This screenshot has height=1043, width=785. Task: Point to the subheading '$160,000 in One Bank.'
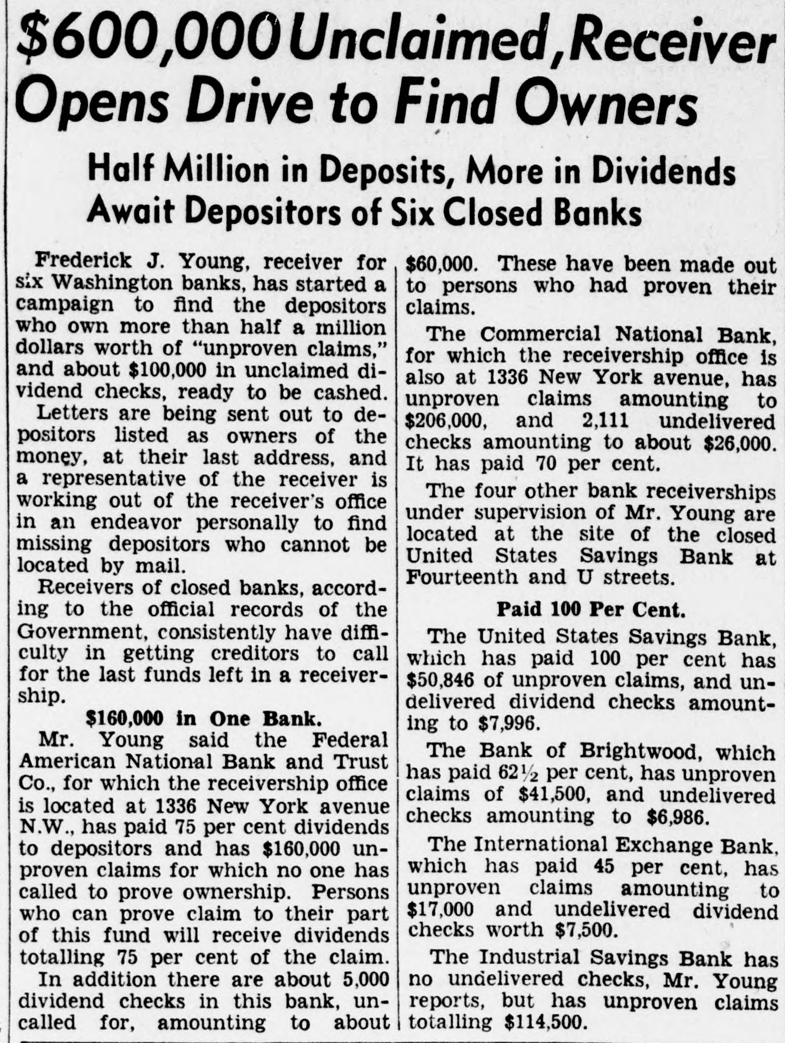click(204, 719)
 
